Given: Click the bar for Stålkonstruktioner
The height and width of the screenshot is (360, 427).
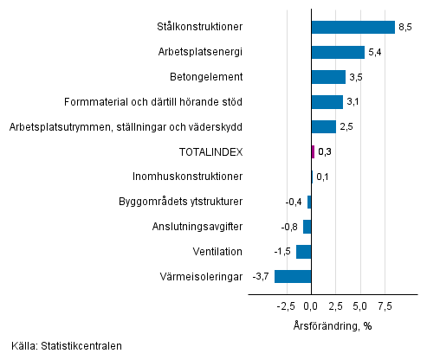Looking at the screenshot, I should point(353,28).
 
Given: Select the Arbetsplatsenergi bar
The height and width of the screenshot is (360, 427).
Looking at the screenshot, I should point(338,52).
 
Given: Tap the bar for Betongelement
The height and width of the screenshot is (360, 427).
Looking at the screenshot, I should point(328,77).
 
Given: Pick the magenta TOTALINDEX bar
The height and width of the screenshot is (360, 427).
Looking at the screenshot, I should point(313,151).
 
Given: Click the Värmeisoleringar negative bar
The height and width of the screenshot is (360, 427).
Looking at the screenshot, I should point(293,276).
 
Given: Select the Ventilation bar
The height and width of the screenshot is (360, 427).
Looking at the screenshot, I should point(303,252).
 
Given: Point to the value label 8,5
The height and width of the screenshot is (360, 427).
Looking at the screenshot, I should point(404,28).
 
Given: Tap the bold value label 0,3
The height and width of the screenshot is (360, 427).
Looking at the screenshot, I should point(325,151).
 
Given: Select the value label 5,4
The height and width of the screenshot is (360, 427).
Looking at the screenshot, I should point(374,52).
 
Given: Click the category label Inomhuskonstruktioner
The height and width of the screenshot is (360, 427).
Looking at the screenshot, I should point(187,177).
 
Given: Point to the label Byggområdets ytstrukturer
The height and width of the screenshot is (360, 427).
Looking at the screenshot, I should point(179,202).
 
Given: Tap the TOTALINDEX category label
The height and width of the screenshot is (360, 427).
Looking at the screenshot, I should point(210,151).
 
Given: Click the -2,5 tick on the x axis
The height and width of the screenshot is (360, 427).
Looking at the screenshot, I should point(286,305).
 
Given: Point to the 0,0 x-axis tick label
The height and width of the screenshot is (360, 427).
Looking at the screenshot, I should point(312,305).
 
